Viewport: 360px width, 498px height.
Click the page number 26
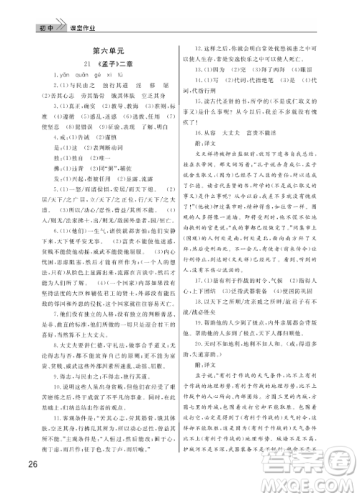28,462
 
